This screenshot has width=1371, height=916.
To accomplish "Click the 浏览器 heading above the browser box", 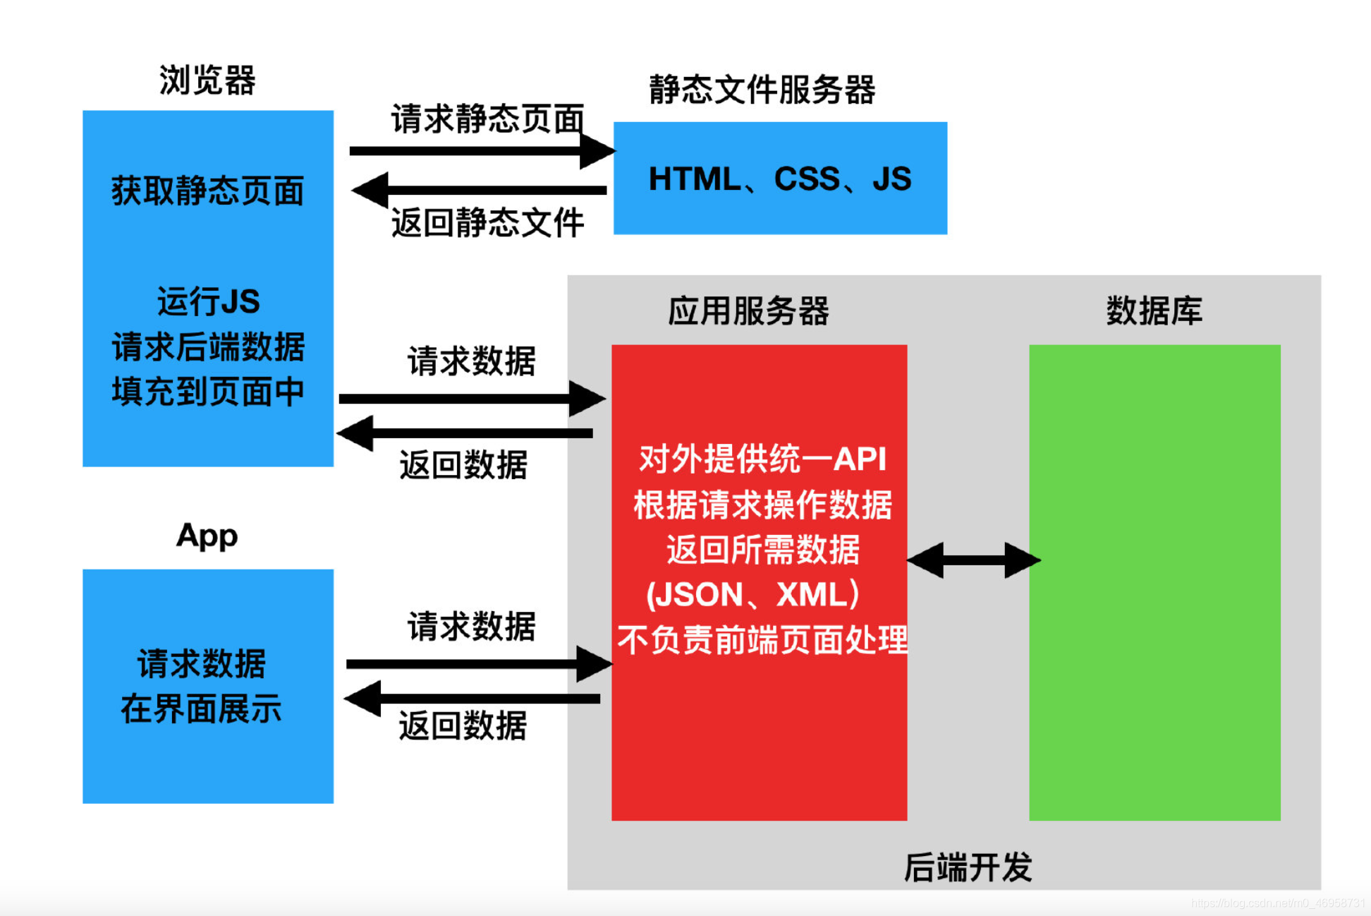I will pyautogui.click(x=207, y=80).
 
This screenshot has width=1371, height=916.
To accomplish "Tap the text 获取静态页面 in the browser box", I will pyautogui.click(x=207, y=191).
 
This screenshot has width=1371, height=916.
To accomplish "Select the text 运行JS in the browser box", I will pyautogui.click(x=208, y=301).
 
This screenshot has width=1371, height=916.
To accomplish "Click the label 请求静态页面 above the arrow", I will pyautogui.click(x=487, y=119).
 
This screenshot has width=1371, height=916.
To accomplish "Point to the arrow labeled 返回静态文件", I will pyautogui.click(x=480, y=190).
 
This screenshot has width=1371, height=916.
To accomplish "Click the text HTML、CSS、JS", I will pyautogui.click(x=779, y=179).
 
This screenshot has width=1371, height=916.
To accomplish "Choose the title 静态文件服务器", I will pyautogui.click(x=762, y=90).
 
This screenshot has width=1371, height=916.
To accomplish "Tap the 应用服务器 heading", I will pyautogui.click(x=748, y=311).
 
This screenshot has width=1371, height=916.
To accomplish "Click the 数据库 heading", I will pyautogui.click(x=1154, y=311).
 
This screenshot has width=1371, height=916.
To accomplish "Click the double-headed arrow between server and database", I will pyautogui.click(x=973, y=560).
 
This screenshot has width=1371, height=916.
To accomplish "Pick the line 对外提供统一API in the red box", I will pyautogui.click(x=762, y=459).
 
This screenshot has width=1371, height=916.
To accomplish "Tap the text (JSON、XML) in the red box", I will pyautogui.click(x=753, y=594).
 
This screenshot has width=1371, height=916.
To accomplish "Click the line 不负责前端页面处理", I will pyautogui.click(x=762, y=640).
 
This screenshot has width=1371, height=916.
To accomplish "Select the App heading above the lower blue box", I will pyautogui.click(x=207, y=536).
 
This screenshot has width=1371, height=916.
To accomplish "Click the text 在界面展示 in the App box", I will pyautogui.click(x=201, y=709).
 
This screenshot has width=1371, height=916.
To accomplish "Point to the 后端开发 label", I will pyautogui.click(x=968, y=867).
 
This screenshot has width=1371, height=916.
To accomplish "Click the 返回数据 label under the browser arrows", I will pyautogui.click(x=463, y=465).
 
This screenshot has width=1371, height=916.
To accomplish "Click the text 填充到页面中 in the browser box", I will pyautogui.click(x=207, y=392).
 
